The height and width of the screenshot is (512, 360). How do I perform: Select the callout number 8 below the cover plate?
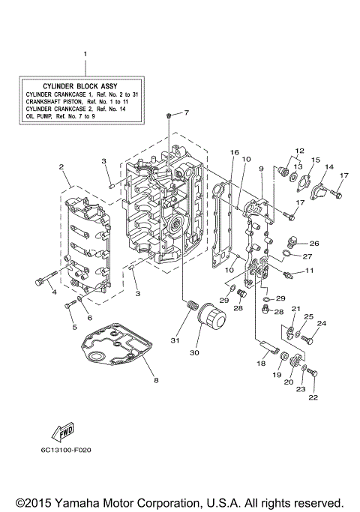(156, 380)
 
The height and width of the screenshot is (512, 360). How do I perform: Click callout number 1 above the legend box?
(85, 54)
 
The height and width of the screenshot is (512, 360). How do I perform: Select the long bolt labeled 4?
(43, 281)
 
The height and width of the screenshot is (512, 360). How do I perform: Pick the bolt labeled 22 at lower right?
(313, 374)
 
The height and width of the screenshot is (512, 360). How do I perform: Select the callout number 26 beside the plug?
(314, 243)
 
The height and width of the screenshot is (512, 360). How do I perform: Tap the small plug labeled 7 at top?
(171, 114)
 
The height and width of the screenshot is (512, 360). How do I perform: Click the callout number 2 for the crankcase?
(62, 166)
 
